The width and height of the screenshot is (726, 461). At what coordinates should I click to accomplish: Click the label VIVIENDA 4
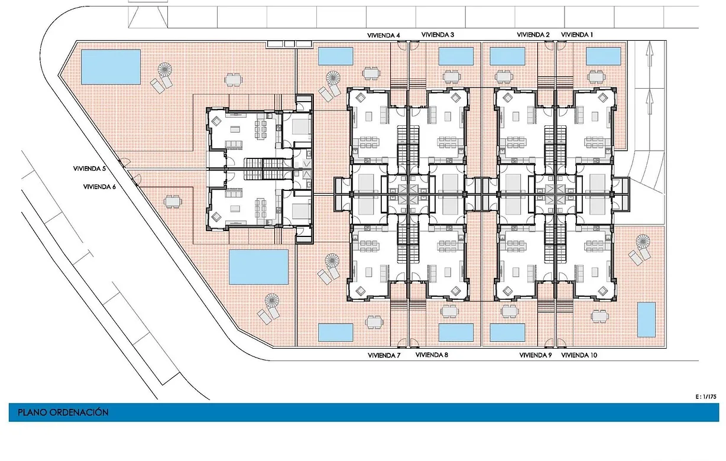(x=384, y=35)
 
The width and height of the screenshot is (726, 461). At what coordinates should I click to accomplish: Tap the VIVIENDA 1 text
(x=577, y=35)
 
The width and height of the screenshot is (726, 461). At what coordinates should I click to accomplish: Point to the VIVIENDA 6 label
(x=100, y=187)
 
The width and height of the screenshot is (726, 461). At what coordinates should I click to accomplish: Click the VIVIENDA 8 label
(x=432, y=355)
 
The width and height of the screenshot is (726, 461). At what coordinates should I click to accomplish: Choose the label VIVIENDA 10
(x=579, y=355)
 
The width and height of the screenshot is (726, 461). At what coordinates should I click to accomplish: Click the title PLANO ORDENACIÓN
(x=63, y=413)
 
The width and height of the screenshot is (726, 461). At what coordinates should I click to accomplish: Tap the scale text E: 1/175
(x=707, y=396)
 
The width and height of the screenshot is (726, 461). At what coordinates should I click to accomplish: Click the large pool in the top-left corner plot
(x=110, y=66)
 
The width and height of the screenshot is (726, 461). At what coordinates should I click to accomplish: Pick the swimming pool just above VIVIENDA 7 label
(x=336, y=332)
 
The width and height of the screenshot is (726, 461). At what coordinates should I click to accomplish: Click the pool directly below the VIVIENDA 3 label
(x=456, y=56)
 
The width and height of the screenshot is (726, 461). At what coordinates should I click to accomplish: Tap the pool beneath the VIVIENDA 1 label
(x=603, y=56)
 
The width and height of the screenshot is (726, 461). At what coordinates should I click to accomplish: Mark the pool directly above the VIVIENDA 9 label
(x=508, y=332)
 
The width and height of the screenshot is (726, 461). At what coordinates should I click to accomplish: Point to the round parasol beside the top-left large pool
(x=164, y=70)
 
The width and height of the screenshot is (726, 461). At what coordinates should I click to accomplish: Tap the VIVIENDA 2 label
(x=533, y=35)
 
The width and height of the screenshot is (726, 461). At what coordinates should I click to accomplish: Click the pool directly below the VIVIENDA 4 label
(x=336, y=56)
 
